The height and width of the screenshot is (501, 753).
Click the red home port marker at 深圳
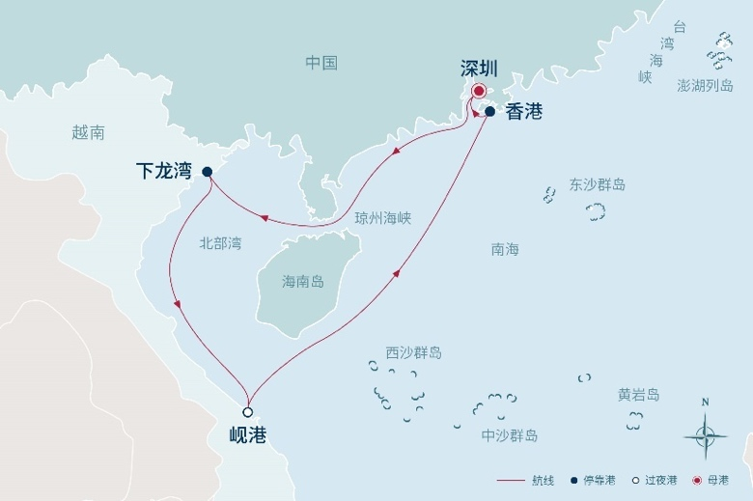[x=478, y=92]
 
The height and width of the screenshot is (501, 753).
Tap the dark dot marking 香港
[x=489, y=112]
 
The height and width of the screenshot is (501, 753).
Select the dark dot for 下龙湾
[x=207, y=172]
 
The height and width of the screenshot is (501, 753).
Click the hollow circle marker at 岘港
[x=248, y=412]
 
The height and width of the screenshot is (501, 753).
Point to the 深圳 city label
[x=479, y=69]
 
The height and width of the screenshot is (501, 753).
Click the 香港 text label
[x=523, y=112]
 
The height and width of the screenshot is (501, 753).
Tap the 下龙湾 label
[x=163, y=172]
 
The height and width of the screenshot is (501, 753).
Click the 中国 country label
[x=321, y=63]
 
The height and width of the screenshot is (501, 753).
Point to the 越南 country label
[x=88, y=132]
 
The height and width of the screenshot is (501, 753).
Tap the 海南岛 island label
[x=303, y=282]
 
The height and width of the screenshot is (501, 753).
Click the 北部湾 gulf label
[x=220, y=243]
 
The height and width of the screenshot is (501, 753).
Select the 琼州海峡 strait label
[x=383, y=218]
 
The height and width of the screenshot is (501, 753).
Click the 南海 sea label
[x=505, y=249]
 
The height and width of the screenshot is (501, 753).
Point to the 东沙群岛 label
[x=598, y=184]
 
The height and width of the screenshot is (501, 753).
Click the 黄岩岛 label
[x=639, y=395]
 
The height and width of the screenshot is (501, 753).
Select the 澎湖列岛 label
[x=705, y=86]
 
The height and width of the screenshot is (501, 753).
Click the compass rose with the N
[x=705, y=434]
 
